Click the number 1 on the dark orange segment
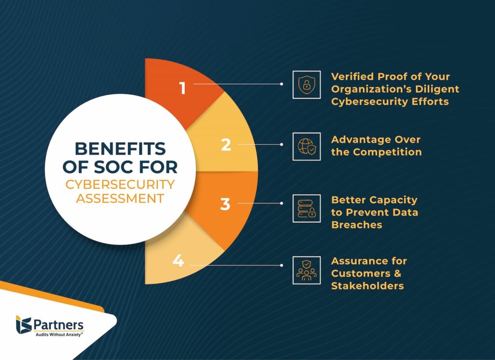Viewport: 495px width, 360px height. [182, 88]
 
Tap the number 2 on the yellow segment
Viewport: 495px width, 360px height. [226, 145]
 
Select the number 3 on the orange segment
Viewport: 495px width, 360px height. [225, 204]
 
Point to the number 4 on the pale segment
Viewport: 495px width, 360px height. [178, 260]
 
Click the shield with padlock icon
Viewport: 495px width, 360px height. [306, 85]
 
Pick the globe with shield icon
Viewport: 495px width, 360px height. [306, 146]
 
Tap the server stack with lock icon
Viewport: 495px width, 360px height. [306, 209]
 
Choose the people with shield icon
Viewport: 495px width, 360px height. [306, 271]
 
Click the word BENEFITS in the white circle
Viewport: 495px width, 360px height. [120, 149]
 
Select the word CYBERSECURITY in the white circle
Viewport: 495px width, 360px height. [120, 185]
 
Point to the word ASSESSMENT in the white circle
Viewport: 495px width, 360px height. [120, 199]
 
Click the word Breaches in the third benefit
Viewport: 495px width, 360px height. [357, 225]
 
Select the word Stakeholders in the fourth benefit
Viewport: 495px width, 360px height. [367, 286]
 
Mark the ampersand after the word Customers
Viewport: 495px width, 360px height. [397, 273]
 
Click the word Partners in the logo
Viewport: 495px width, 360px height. [58, 325]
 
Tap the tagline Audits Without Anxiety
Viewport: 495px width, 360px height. [59, 334]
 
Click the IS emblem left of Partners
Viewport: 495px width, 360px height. [24, 324]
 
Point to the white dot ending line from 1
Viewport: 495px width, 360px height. [282, 84]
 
